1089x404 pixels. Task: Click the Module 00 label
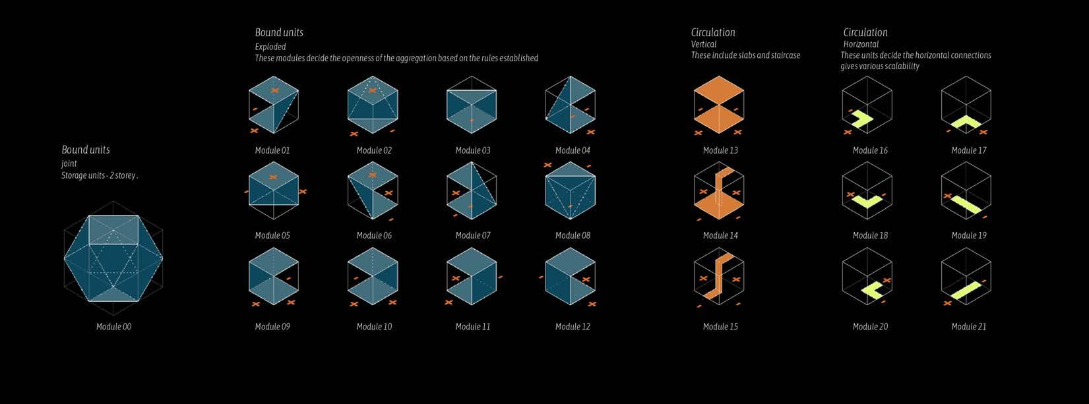113,326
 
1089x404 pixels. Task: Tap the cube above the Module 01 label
274,105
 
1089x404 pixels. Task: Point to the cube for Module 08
571,190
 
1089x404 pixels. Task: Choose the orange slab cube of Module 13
719,105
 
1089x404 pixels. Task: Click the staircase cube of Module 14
719,192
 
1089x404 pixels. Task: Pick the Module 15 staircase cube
719,278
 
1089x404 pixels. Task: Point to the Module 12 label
573,326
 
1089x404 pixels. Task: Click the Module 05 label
272,235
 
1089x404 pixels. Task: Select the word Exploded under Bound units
270,47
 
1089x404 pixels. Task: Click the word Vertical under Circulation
704,44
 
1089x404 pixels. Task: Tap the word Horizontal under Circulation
861,44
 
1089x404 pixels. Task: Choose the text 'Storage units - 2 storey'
99,175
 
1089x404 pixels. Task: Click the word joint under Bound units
69,163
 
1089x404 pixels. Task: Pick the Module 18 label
870,235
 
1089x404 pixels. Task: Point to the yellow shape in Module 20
865,291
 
